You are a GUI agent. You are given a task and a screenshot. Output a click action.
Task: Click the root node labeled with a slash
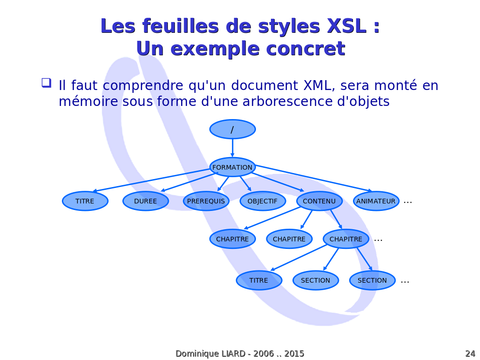[232, 129]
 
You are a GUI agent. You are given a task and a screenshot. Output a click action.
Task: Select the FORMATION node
[232, 167]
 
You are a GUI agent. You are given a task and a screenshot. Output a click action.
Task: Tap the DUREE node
[146, 201]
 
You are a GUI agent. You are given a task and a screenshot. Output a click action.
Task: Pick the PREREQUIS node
[206, 201]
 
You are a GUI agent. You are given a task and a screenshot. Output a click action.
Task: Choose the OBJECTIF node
[262, 201]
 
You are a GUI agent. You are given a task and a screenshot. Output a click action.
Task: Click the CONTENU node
[319, 201]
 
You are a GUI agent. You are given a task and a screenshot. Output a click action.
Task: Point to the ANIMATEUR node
[376, 201]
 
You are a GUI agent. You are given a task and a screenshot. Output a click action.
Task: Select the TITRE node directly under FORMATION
[85, 201]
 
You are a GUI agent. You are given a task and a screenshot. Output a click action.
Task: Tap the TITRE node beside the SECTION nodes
[259, 280]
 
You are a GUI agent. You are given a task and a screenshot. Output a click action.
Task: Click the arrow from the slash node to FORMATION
[232, 148]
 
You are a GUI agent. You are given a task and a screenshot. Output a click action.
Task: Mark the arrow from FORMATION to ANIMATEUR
[314, 179]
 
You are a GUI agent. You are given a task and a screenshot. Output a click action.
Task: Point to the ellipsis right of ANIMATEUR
[408, 202]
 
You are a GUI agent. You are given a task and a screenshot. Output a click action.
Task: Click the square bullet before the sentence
[46, 83]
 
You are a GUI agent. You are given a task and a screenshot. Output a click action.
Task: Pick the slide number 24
[470, 353]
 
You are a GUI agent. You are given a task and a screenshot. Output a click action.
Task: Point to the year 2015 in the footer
[294, 353]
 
